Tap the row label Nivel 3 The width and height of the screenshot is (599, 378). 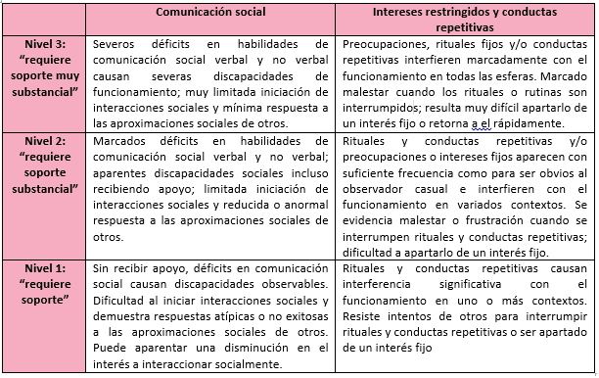pyautogui.click(x=43, y=45)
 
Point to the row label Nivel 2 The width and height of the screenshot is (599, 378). pyautogui.click(x=43, y=143)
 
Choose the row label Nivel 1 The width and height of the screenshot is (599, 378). pyautogui.click(x=43, y=267)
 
